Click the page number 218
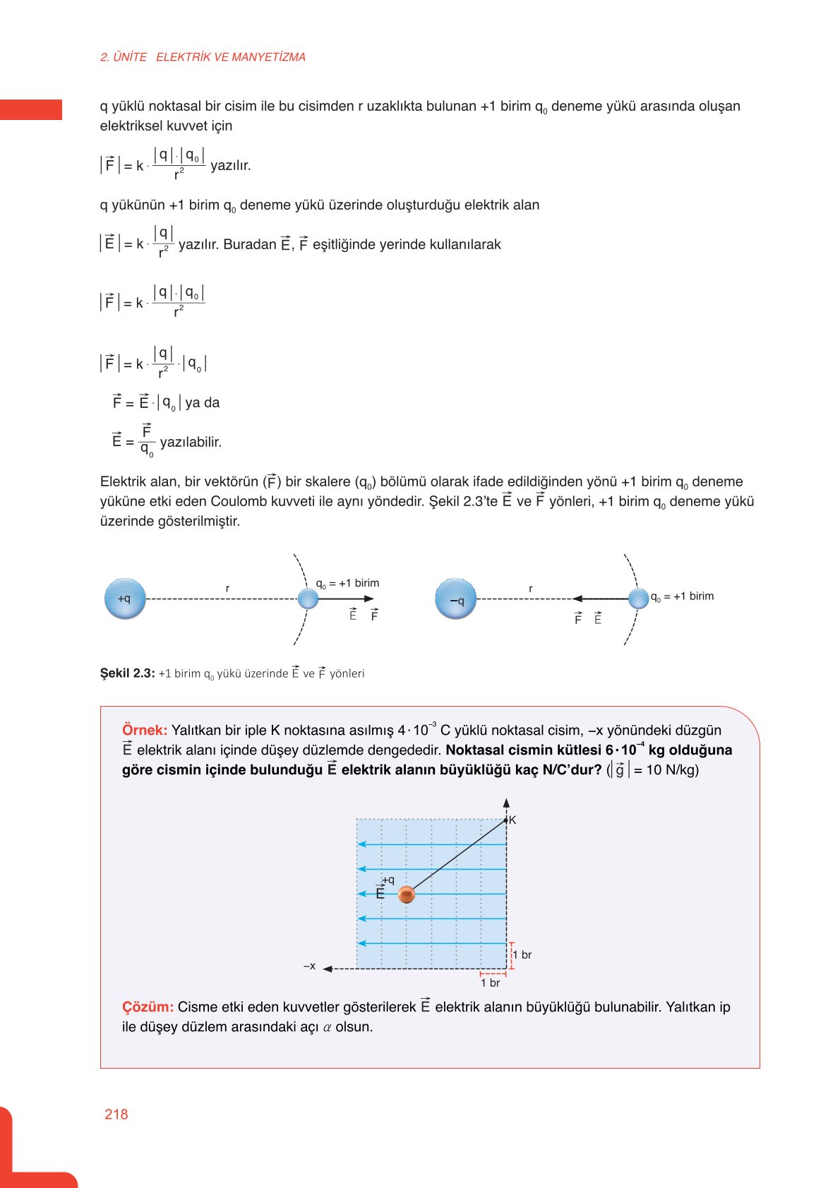pos(116,1114)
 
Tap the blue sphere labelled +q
pos(125,599)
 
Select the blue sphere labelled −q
pos(456,599)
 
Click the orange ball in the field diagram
pos(406,895)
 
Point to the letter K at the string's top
pos(512,820)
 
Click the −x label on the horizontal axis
pos(309,966)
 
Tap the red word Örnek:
pos(145,730)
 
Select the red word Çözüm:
pos(148,1007)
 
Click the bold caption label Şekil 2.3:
pos(127,673)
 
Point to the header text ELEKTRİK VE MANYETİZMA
pos(231,57)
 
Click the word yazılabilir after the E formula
pos(191,443)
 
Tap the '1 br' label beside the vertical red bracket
pos(522,955)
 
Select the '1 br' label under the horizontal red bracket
pos(491,983)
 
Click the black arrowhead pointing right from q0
pos(369,599)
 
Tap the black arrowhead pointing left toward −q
pos(577,599)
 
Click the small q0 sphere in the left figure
pos(308,599)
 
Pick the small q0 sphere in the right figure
pos(638,599)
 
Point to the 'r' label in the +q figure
pos(227,588)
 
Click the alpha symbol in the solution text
pos(328,1027)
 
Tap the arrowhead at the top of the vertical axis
pos(506,803)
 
